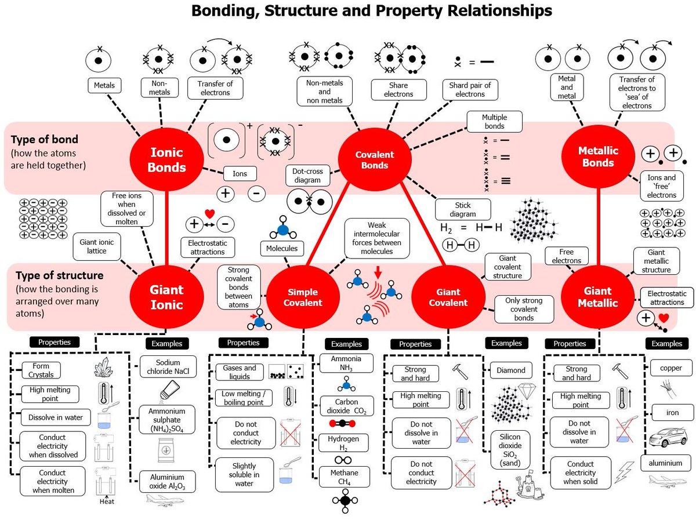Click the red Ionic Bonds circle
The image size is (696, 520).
pyautogui.click(x=166, y=160)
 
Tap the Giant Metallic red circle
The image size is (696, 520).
pyautogui.click(x=597, y=297)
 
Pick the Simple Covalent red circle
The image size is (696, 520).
pyautogui.click(x=303, y=297)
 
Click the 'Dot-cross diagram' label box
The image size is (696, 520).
pyautogui.click(x=307, y=175)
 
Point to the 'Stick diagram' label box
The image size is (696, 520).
pyautogui.click(x=463, y=209)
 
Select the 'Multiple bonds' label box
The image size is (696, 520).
pyautogui.click(x=494, y=122)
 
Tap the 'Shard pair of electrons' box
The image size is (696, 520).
pyautogui.click(x=470, y=89)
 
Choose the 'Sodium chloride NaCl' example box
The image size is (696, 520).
pyautogui.click(x=168, y=368)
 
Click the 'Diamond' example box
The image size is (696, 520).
pyautogui.click(x=511, y=370)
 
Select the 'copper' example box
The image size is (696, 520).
pyautogui.click(x=666, y=368)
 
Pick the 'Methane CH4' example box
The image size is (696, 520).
pyautogui.click(x=345, y=477)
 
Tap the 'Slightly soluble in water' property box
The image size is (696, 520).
pyautogui.click(x=244, y=475)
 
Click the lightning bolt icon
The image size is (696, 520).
pyautogui.click(x=625, y=472)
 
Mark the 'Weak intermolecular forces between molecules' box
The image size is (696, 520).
pyautogui.click(x=377, y=238)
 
